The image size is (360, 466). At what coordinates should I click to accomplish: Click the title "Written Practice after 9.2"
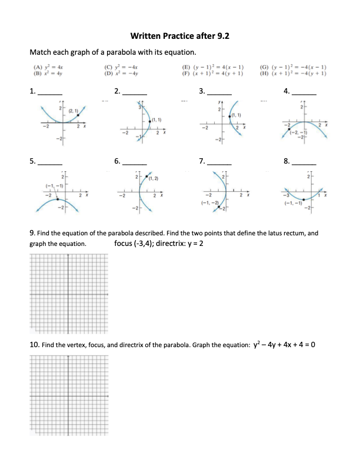179,36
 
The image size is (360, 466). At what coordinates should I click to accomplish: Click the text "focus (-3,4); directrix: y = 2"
158,243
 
